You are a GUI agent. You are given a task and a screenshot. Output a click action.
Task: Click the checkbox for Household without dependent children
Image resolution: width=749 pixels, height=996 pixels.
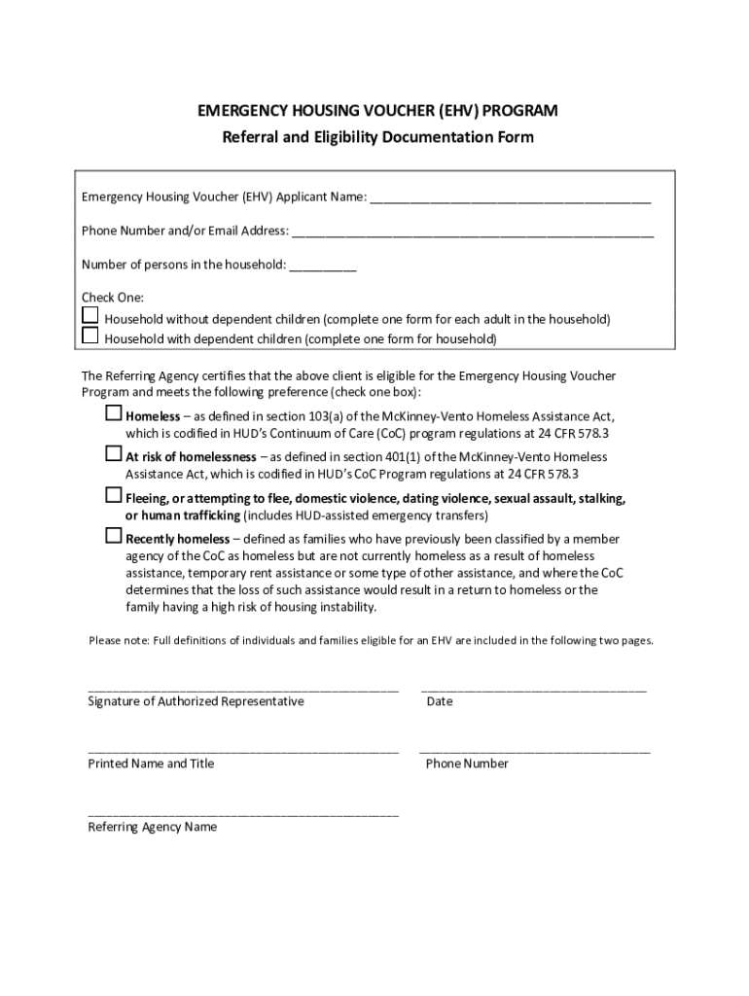tap(89, 315)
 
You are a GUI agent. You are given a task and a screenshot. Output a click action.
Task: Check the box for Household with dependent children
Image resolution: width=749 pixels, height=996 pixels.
tap(89, 336)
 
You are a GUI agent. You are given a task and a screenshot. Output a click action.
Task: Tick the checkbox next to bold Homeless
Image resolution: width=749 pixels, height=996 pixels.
tap(114, 413)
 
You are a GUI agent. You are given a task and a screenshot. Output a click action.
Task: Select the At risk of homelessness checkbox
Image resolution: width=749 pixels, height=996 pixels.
tap(114, 454)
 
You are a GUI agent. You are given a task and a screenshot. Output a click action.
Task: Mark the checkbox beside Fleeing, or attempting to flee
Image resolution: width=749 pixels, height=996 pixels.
tap(114, 496)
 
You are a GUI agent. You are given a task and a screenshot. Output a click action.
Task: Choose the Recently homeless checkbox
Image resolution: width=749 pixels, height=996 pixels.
tap(114, 536)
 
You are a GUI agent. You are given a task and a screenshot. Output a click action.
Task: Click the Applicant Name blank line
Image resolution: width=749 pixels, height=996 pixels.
tap(510, 199)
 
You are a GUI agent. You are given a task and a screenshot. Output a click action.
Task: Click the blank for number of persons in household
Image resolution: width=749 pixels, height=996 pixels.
tap(323, 267)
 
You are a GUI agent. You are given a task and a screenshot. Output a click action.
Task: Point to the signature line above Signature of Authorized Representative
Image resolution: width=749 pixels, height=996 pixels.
tap(243, 688)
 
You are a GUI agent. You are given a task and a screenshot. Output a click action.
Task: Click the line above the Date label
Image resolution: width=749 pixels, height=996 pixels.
tap(533, 688)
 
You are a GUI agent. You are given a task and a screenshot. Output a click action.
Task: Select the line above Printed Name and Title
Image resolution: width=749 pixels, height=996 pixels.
tap(243, 750)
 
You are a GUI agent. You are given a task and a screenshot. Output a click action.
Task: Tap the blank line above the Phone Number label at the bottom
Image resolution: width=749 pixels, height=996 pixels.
tap(535, 750)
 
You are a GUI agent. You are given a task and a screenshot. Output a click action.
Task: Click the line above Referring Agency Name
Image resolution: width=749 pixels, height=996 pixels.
tap(243, 813)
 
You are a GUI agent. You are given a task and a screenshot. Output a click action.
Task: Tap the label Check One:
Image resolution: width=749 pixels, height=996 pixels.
tap(113, 298)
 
